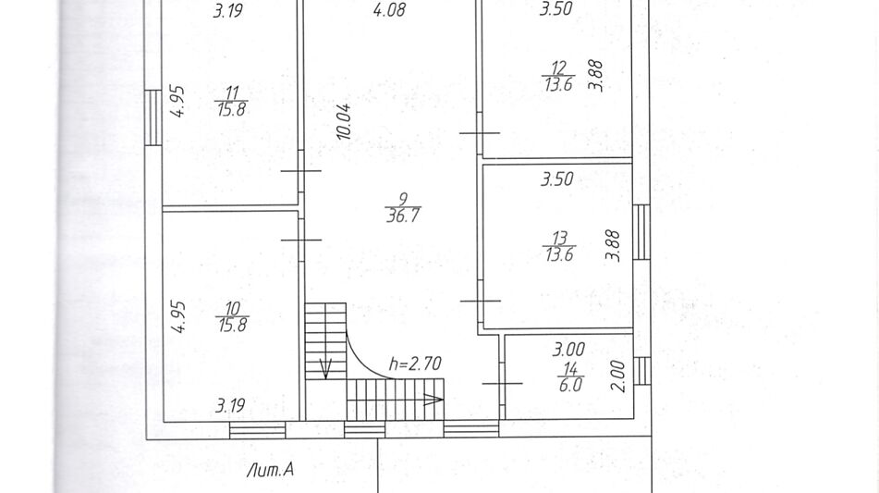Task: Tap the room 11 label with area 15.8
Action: (231, 101)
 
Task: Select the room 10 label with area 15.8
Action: (232, 317)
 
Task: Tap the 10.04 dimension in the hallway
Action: (344, 121)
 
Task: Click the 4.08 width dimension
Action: (389, 9)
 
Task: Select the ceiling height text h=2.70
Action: (415, 364)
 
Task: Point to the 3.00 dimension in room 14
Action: (568, 350)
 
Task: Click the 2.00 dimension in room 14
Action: (617, 376)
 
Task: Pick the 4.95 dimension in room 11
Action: (177, 102)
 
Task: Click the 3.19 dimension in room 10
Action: (230, 405)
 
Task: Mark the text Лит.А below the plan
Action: (270, 470)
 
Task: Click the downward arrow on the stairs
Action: (325, 367)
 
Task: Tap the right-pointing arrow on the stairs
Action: (433, 400)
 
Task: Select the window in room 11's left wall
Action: (153, 117)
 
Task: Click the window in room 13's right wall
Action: (641, 232)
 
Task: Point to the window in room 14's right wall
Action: (641, 371)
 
